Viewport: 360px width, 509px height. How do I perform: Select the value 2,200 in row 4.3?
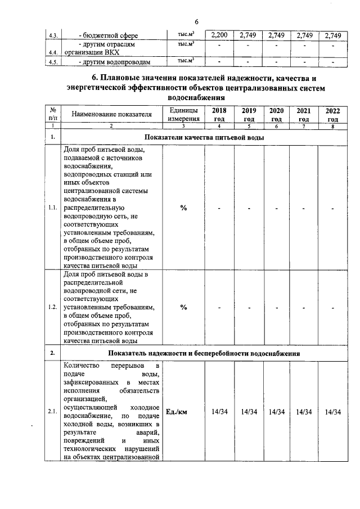pos(218,36)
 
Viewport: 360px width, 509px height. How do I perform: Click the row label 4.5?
pos(54,62)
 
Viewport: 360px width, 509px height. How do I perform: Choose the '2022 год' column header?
pos(332,115)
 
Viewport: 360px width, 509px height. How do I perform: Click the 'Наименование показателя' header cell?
pos(112,115)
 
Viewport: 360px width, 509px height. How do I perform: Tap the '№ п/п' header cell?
pos(52,115)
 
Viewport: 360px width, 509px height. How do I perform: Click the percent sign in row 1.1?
pos(183,208)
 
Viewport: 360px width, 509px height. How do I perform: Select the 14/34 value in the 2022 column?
pos(332,412)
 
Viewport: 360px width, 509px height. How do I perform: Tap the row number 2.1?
pos(52,412)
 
